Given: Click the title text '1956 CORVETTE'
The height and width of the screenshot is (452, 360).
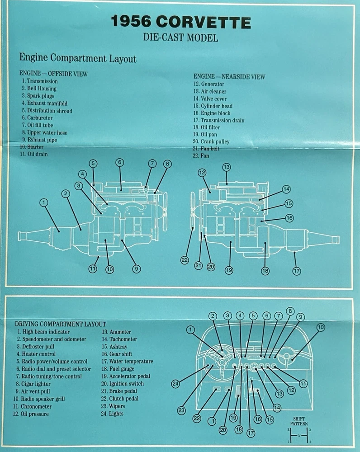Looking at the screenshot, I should click(180, 23).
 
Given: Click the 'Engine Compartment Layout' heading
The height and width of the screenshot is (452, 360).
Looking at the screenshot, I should click(77, 58).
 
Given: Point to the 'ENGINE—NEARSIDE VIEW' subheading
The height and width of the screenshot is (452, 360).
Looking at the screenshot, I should click(229, 77).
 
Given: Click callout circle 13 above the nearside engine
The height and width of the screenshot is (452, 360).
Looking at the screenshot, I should click(227, 167).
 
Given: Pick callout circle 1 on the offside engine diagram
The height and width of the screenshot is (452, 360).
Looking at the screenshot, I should click(44, 203).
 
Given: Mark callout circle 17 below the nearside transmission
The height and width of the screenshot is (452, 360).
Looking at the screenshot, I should click(297, 271).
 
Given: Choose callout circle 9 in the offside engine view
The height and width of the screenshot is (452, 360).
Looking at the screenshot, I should click(136, 268).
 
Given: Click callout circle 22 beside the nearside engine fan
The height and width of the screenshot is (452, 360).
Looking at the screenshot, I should click(185, 260).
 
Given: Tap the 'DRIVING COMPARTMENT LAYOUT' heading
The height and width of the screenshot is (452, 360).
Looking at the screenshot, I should click(60, 324).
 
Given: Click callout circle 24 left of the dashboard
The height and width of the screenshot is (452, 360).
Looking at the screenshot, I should click(176, 384).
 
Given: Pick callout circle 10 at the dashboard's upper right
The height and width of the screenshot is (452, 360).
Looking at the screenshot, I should click(321, 327).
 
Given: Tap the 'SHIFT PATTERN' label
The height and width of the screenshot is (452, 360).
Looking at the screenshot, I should click(299, 421).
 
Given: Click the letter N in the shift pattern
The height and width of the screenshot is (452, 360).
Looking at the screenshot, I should click(299, 436).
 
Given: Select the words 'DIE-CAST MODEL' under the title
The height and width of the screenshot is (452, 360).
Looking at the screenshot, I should click(180, 38).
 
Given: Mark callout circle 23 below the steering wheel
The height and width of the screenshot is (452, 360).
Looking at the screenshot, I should click(181, 410).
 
